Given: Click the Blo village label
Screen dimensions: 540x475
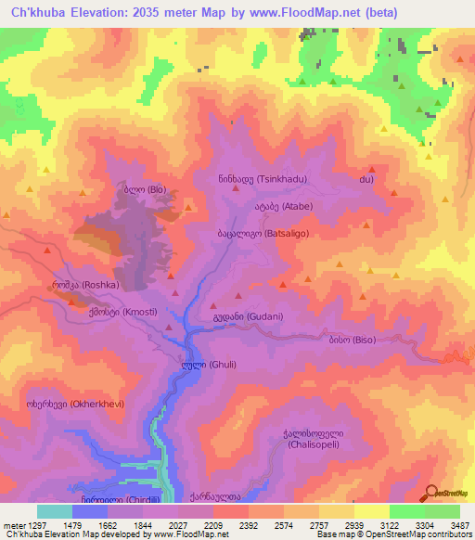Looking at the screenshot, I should point(139,189).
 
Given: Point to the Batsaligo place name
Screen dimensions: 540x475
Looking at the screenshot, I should point(259,235).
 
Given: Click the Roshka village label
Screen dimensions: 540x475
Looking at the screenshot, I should point(85,284).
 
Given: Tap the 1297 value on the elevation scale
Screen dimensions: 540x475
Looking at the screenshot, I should point(32,525).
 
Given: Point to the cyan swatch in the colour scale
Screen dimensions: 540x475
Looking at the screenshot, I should point(54,511).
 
